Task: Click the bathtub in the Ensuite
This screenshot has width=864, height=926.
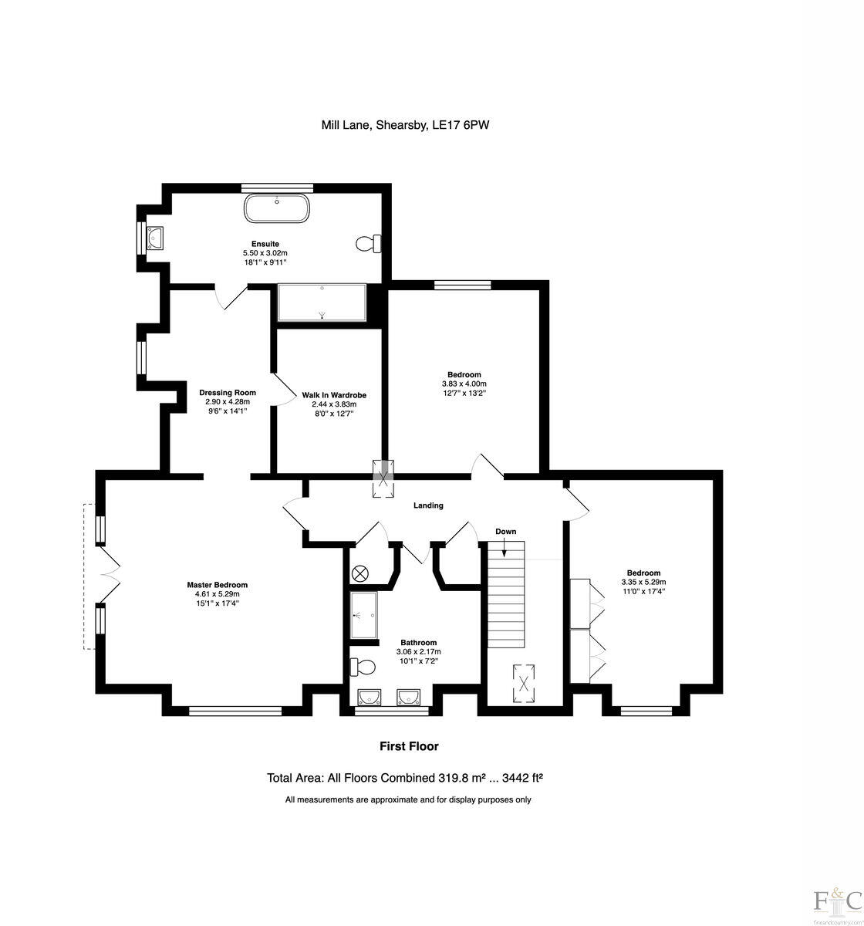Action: [x=277, y=208]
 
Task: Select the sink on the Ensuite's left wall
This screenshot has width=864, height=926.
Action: [x=155, y=237]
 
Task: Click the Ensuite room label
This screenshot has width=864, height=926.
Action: [x=265, y=244]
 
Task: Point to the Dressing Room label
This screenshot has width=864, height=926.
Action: [x=228, y=393]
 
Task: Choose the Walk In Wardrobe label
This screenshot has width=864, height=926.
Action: [x=334, y=395]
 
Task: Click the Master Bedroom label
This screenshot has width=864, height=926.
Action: [x=218, y=585]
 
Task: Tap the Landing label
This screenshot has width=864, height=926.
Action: [x=428, y=505]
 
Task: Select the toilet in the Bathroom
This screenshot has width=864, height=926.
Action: [x=363, y=666]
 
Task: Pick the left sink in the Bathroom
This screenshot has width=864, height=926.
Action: [x=370, y=698]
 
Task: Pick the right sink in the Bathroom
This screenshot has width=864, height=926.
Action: [x=408, y=698]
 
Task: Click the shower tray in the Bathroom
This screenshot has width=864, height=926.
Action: [x=363, y=616]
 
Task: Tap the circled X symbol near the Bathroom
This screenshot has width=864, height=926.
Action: [x=360, y=574]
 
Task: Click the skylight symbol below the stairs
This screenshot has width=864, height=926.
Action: [x=525, y=682]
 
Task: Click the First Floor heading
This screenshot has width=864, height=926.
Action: [x=409, y=746]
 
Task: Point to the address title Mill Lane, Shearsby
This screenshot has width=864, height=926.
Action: [x=405, y=124]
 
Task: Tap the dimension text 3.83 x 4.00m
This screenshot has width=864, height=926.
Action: [x=464, y=384]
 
